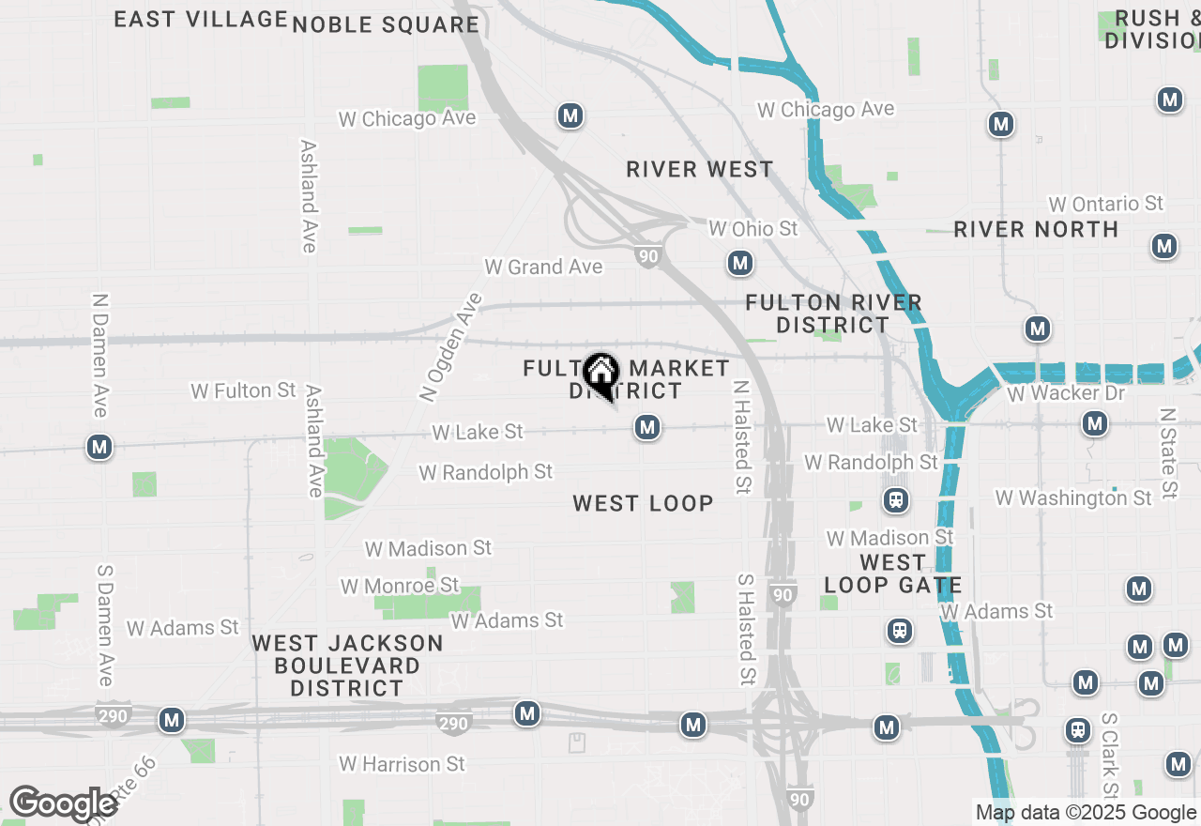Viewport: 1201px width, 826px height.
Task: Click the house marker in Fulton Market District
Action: tap(600, 374)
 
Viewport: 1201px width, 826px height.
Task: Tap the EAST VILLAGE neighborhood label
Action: tap(201, 19)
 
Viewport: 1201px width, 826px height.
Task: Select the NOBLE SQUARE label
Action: tap(386, 24)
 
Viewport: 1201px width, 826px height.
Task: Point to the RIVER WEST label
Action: tap(700, 169)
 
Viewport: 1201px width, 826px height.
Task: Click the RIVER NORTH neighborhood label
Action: tap(1036, 229)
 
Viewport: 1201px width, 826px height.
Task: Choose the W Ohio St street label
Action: tap(753, 228)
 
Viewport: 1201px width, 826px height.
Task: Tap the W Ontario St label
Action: tap(1105, 204)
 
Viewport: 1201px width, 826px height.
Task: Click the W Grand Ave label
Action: tap(543, 268)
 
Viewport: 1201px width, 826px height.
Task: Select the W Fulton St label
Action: tap(243, 390)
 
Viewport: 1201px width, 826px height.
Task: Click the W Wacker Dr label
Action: tap(1065, 392)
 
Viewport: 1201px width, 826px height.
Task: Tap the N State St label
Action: tap(1166, 452)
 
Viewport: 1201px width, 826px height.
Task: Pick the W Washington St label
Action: tap(1072, 497)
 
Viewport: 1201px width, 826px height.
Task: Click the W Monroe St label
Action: tap(400, 586)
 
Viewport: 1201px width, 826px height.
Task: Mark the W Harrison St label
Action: tap(402, 764)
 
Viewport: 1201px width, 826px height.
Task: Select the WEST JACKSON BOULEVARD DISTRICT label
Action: tap(347, 665)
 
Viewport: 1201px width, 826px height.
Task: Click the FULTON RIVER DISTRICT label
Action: tap(833, 314)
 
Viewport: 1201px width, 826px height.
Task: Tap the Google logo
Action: tap(63, 804)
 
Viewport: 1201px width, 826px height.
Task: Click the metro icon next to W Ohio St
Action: tap(740, 263)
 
